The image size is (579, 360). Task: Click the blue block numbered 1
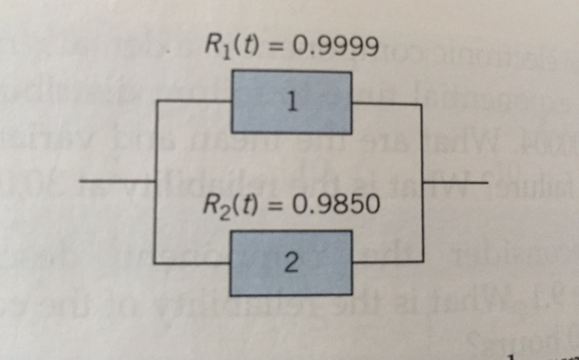[290, 102]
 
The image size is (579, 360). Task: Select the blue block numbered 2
[290, 262]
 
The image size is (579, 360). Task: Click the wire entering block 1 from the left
[194, 102]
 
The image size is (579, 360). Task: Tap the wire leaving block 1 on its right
[385, 103]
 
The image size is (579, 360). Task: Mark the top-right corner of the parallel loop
[421, 104]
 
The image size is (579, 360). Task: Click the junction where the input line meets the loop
[156, 183]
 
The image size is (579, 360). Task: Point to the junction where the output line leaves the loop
[421, 184]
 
